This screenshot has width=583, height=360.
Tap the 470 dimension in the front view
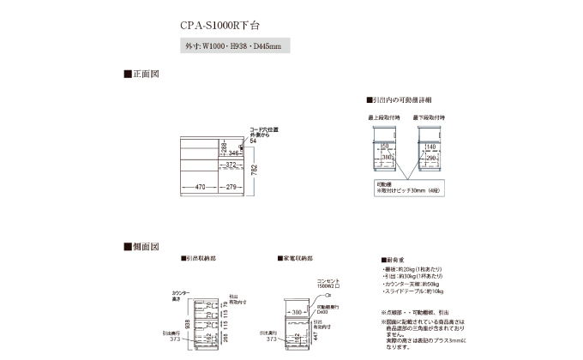coord(199,187)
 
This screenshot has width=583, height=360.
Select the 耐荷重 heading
coord(394,259)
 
